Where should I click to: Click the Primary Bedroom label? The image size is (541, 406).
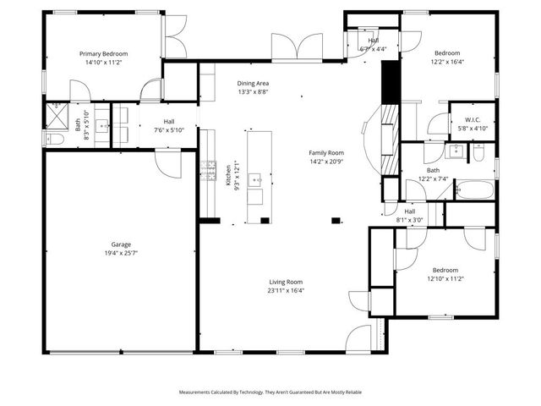(102, 52)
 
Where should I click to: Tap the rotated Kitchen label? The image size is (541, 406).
(228, 174)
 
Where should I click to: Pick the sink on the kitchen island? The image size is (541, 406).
(254, 180)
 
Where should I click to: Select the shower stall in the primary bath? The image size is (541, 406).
(56, 112)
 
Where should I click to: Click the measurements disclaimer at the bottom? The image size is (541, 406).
(270, 392)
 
